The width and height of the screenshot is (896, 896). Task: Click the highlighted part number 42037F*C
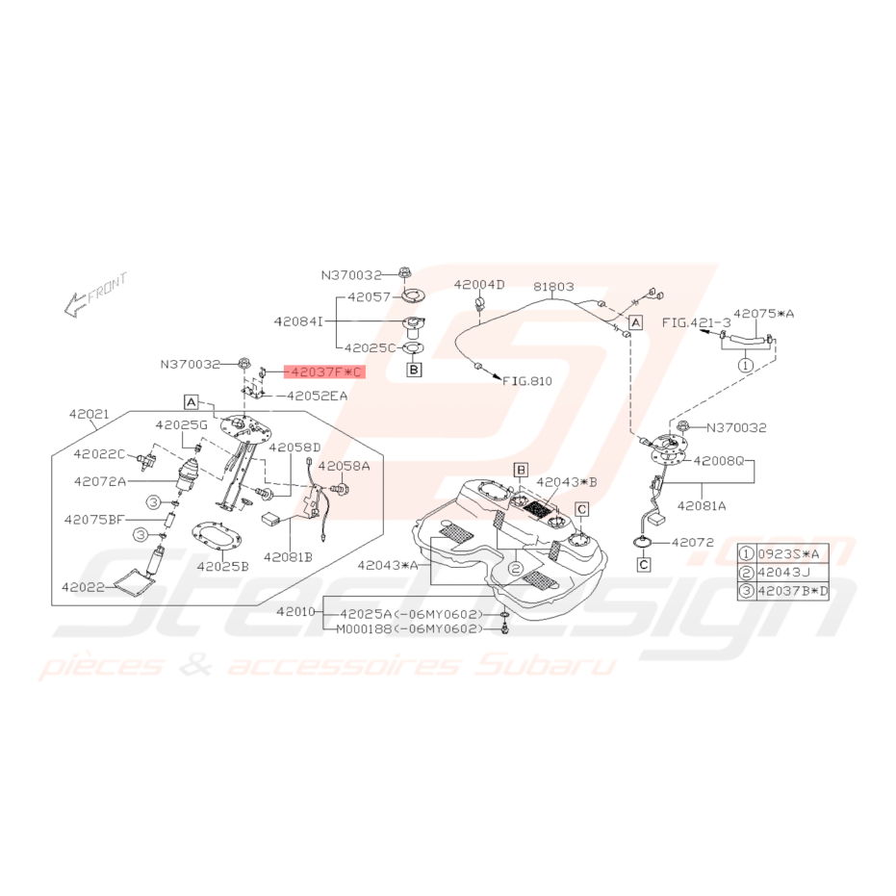coord(325,372)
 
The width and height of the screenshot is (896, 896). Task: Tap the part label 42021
coord(90,414)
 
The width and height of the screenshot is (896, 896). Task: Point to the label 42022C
coord(99,453)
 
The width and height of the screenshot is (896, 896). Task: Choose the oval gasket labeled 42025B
coord(217,539)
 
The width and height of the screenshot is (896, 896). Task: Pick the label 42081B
coord(288,556)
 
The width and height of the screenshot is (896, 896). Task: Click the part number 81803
coord(553,286)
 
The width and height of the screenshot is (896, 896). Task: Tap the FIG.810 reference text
coord(527,380)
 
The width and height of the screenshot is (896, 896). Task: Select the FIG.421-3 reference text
coord(696,322)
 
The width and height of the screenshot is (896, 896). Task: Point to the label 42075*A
coord(763,313)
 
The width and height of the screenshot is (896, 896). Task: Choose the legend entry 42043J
coord(784,572)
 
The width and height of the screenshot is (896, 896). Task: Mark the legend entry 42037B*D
coord(793,591)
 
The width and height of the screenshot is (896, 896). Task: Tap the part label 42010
coord(296,611)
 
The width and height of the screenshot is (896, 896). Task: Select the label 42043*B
coord(566,482)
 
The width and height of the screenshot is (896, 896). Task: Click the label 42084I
coord(298,321)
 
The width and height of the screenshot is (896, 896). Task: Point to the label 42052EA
coord(318,396)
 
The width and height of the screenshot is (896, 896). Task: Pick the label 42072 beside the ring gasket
coord(693,542)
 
